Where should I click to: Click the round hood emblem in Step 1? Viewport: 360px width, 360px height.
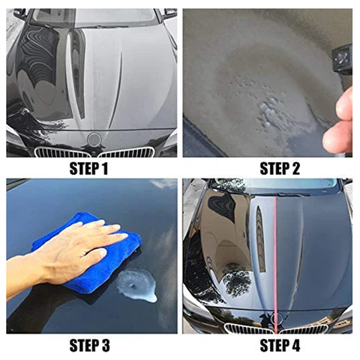94,139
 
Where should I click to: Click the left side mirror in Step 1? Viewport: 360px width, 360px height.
19,13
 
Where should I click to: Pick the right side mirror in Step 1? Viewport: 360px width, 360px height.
170,13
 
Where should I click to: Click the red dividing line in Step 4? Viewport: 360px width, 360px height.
274,255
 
